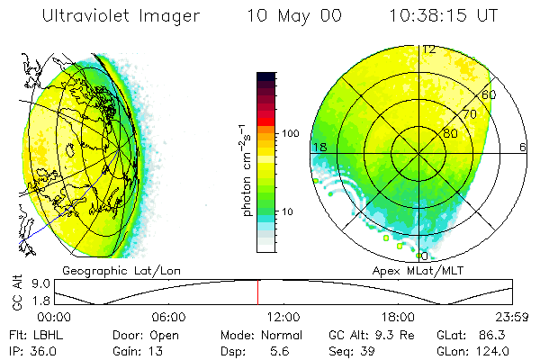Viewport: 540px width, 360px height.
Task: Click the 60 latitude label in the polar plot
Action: [490, 94]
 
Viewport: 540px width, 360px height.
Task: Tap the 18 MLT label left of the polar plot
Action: [319, 147]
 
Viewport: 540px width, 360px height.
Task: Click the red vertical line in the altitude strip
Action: [257, 292]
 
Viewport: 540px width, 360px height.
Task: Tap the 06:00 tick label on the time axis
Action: [168, 317]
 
